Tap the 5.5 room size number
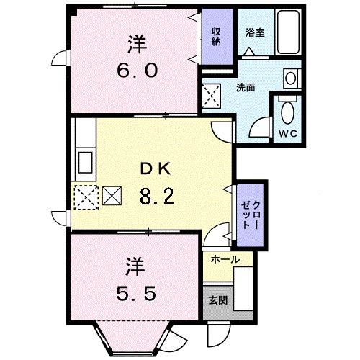pos(134,294)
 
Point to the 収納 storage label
pos(216,36)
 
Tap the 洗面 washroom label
pos(246,88)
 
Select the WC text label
pos(287,134)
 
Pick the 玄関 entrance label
pos(218,300)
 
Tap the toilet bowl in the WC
pos(287,112)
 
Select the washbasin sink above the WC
pos(290,78)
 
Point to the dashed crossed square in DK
pos(85,196)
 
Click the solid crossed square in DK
pos(113,195)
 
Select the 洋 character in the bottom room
pos(135,266)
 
